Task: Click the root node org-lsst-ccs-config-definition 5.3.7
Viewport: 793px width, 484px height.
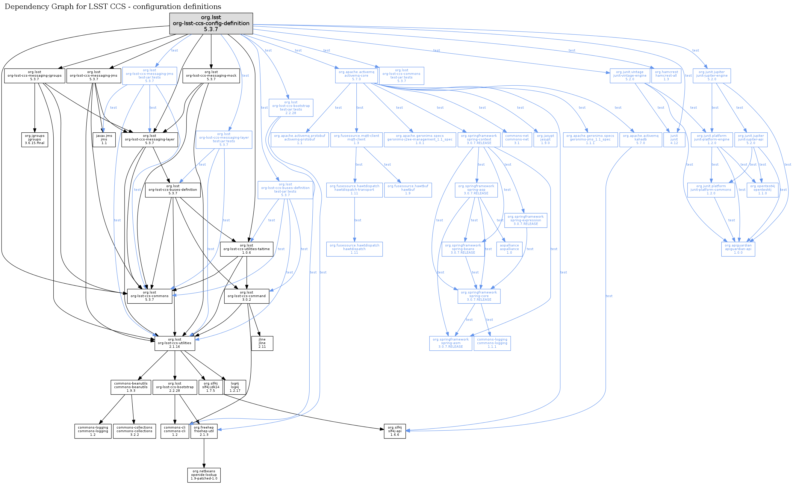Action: (211, 23)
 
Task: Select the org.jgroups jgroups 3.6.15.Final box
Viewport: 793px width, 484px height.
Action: (34, 140)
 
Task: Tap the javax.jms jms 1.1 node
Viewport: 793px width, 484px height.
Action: (104, 140)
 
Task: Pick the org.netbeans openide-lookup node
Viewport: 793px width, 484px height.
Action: (204, 475)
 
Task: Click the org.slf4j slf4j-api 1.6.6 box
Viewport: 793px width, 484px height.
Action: (395, 431)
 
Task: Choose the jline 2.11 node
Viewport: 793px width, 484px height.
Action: (262, 343)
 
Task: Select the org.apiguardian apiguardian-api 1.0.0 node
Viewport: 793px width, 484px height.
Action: (738, 249)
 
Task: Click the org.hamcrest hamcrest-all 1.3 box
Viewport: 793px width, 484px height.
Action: (666, 75)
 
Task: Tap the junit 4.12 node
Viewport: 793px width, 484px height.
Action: (674, 140)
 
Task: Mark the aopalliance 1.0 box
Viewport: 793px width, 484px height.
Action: (509, 249)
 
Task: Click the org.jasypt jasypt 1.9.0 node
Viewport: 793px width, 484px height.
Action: (545, 140)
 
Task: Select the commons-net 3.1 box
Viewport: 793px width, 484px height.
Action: (517, 140)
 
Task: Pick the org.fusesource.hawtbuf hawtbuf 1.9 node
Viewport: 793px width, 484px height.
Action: (408, 190)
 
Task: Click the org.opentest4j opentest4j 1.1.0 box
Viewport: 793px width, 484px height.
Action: (762, 190)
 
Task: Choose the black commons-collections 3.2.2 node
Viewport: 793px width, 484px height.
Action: (134, 431)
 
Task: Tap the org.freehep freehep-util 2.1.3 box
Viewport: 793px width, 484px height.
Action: (204, 431)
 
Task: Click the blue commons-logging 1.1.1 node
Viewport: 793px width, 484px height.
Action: (492, 343)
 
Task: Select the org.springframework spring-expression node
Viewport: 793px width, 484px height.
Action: (526, 220)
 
